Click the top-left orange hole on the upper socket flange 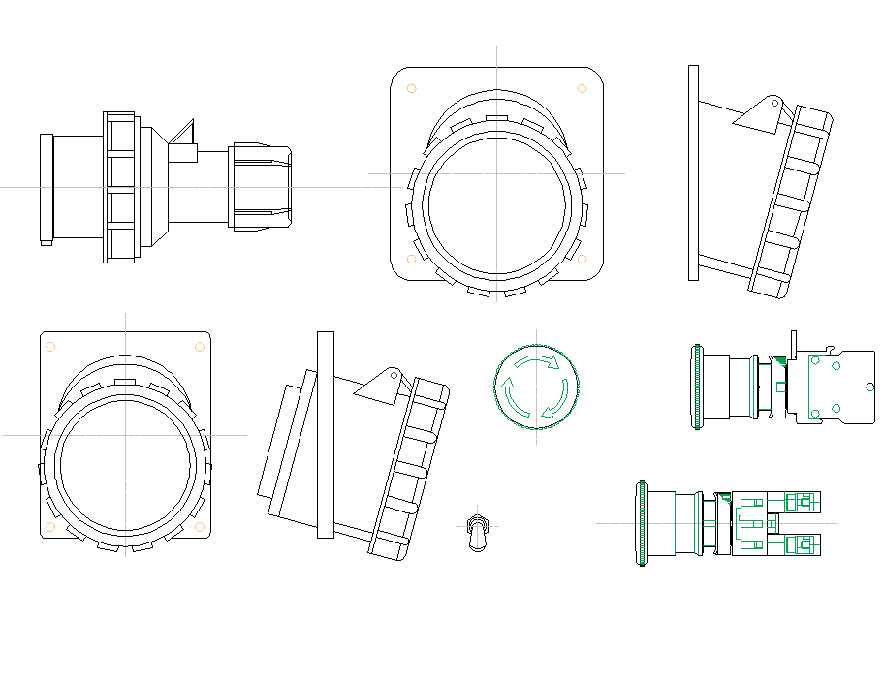(x=411, y=88)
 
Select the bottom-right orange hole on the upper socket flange (x=582, y=259)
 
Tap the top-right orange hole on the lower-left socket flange (x=199, y=346)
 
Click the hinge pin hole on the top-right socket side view (x=774, y=102)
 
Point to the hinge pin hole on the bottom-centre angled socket (x=394, y=374)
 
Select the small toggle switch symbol (x=475, y=532)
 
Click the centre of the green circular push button (x=536, y=387)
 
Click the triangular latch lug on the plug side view (x=184, y=135)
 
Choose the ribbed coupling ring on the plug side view (x=119, y=187)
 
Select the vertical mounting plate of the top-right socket (x=693, y=173)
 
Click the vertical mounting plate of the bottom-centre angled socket (x=326, y=434)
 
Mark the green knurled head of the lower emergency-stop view (x=641, y=523)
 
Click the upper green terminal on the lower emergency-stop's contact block (x=800, y=502)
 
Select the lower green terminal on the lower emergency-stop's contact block (x=800, y=544)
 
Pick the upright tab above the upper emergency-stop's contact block (x=794, y=341)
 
